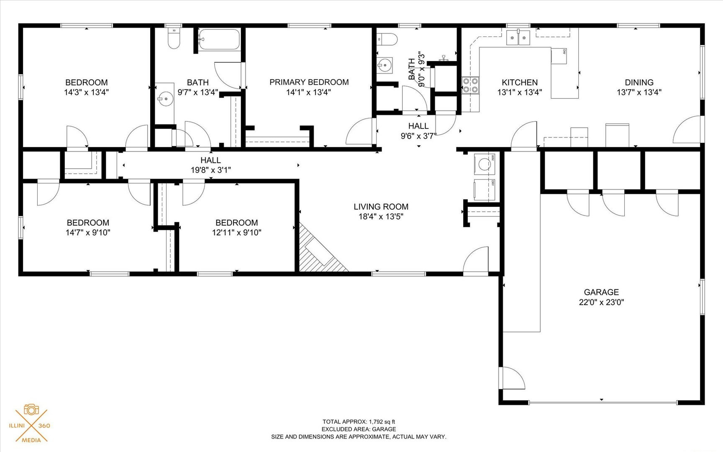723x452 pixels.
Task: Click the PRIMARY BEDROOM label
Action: (x=309, y=82)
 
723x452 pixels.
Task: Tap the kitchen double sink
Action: (x=518, y=38)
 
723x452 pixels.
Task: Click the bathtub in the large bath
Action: (x=219, y=39)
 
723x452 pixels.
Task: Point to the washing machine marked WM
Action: (x=485, y=164)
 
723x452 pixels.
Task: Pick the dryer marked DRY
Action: (x=485, y=190)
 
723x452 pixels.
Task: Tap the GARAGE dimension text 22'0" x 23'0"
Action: (x=601, y=302)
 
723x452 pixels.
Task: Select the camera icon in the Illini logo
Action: (x=31, y=409)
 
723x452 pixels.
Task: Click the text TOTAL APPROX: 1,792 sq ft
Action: (x=359, y=422)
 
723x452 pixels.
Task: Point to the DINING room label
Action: (x=639, y=82)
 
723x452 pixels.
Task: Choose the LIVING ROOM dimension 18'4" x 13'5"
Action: (x=381, y=216)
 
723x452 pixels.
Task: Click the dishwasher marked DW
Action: (x=559, y=56)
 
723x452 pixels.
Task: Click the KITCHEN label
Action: (x=520, y=82)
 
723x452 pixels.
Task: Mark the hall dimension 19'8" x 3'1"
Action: (x=210, y=170)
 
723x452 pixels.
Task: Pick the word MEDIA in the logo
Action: (x=31, y=440)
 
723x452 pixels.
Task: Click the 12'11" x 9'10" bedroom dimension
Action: (x=236, y=232)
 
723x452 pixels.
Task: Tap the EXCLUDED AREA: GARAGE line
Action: (x=359, y=429)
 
